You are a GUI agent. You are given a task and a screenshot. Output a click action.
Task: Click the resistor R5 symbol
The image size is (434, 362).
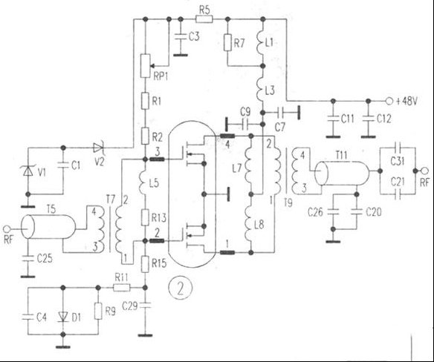(x=204, y=19)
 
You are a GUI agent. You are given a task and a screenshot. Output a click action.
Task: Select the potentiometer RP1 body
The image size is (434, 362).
(x=146, y=66)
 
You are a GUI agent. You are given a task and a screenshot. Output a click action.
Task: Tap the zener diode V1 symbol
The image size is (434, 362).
(x=27, y=171)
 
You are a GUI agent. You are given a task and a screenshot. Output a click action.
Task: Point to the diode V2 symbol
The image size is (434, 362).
(x=98, y=148)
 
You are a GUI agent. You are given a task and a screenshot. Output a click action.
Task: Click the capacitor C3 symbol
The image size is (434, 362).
(x=181, y=36)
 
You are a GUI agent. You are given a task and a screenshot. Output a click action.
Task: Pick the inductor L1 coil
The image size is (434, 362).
(x=262, y=43)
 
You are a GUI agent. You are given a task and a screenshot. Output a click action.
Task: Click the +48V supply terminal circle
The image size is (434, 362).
(x=389, y=102)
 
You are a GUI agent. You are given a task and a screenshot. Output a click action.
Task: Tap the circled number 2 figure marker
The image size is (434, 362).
(x=181, y=289)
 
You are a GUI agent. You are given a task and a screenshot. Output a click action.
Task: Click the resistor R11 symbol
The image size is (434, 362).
(x=122, y=288)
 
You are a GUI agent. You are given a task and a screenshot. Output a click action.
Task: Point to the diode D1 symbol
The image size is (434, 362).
(x=63, y=317)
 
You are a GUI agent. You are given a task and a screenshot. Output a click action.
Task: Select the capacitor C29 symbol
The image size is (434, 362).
(x=145, y=306)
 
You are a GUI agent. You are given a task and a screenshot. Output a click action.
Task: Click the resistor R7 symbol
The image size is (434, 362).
(x=227, y=42)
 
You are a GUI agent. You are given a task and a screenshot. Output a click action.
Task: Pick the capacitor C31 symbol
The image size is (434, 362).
(x=398, y=148)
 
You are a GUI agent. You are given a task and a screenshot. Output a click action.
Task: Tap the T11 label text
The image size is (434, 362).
(x=341, y=155)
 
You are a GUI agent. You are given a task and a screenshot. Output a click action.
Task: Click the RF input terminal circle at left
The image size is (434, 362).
(x=7, y=228)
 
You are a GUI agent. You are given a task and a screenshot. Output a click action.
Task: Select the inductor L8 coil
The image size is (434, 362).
(x=250, y=223)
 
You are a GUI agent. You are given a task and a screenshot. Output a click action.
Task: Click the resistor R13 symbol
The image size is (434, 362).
(x=145, y=217)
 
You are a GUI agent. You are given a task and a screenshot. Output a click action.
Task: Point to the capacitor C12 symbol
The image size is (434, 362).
(x=368, y=119)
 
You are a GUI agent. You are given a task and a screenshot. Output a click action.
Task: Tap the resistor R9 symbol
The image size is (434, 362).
(x=98, y=312)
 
